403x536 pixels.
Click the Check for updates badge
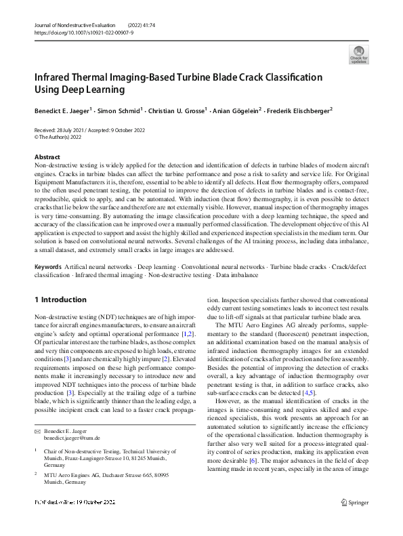(358, 54)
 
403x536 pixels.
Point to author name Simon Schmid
(119, 110)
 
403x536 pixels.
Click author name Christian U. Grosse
(176, 110)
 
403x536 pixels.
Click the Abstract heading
(47, 157)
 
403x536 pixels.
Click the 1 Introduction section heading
(60, 300)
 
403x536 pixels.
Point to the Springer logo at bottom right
(354, 520)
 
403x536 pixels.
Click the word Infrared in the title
(51, 77)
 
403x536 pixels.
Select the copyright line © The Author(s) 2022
(63, 137)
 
